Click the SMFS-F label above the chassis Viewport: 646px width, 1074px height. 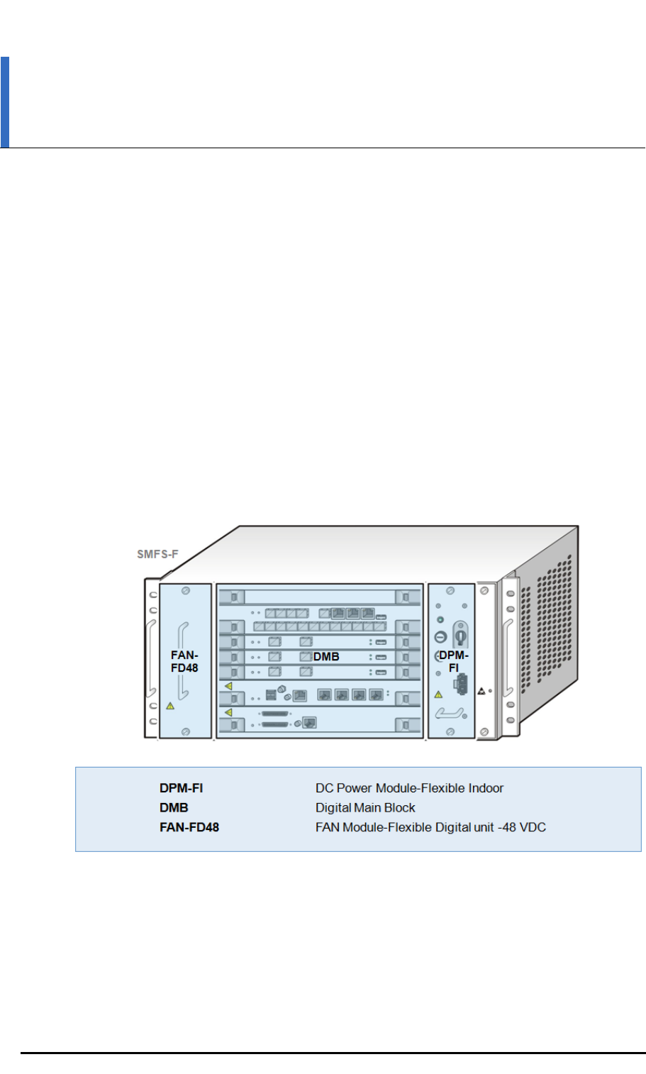(157, 554)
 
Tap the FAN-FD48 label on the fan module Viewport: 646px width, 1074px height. (184, 662)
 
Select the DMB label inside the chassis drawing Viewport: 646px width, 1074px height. (326, 657)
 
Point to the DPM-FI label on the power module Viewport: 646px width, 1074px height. (454, 661)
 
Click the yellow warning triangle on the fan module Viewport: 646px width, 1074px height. (170, 706)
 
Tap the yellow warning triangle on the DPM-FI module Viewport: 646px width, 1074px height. (438, 694)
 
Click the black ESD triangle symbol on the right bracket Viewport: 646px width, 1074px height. (481, 690)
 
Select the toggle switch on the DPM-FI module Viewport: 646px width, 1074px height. (460, 633)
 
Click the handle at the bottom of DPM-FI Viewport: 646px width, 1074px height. (450, 713)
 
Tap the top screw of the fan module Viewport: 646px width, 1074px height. (186, 590)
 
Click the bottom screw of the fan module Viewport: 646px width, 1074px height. (186, 731)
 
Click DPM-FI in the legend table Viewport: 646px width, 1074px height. (181, 788)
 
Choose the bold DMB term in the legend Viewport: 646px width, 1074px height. (174, 808)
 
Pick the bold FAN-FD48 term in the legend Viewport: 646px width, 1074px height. (189, 827)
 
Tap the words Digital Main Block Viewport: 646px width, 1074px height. (365, 808)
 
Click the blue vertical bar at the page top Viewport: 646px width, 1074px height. (5, 102)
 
